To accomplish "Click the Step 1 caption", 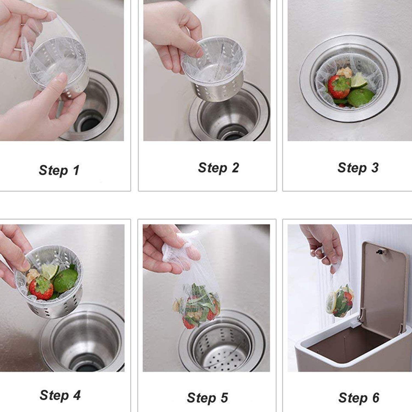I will point(59,170).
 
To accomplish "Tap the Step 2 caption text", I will point(218,168).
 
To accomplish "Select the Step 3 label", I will point(358,168).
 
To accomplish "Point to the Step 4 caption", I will point(60,395).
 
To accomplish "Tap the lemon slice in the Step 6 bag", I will point(331,304).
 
